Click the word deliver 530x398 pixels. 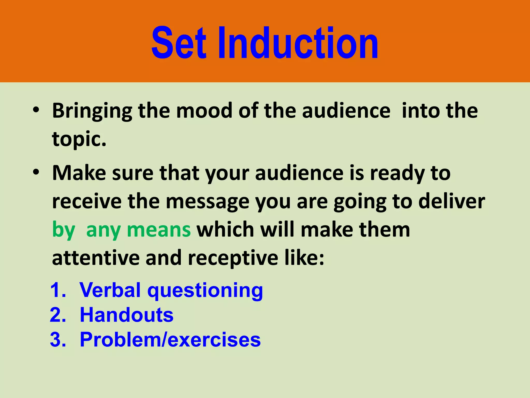coord(452,201)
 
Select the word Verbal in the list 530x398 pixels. coord(110,290)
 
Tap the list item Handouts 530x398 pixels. coord(127,315)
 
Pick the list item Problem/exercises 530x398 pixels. coord(170,340)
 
